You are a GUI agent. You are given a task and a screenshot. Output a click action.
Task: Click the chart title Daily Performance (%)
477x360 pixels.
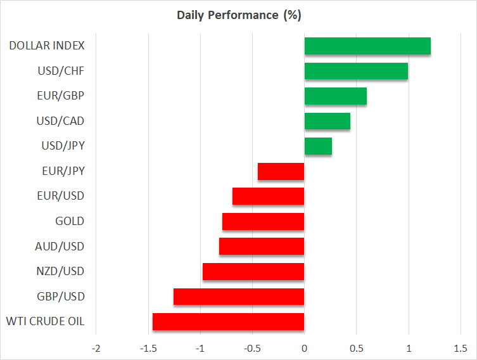(239, 15)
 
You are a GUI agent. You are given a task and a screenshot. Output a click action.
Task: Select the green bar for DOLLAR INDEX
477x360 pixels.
(367, 46)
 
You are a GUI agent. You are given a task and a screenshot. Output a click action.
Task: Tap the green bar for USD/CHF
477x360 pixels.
(356, 71)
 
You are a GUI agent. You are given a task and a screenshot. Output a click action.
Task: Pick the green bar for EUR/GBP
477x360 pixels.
(336, 96)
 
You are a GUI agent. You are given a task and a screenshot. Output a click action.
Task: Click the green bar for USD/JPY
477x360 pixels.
(318, 146)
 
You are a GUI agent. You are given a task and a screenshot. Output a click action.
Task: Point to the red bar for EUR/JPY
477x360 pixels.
(281, 171)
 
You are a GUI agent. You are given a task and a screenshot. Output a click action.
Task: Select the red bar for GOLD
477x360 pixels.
(264, 221)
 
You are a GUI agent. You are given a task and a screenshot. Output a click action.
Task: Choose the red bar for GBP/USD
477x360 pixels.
(239, 297)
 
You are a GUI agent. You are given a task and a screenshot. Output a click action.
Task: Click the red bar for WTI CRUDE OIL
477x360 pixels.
(229, 321)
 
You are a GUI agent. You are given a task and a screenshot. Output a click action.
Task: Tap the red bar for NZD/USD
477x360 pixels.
(253, 271)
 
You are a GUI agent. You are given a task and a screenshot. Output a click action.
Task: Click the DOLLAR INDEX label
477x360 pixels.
(48, 46)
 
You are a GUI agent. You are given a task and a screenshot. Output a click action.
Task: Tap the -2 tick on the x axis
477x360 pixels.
(96, 348)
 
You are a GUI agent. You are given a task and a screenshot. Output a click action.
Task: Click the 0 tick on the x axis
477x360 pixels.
(304, 348)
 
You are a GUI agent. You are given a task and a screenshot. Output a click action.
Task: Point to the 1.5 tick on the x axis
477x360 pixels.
(461, 348)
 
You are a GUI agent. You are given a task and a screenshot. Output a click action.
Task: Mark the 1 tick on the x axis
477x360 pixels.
(409, 348)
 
